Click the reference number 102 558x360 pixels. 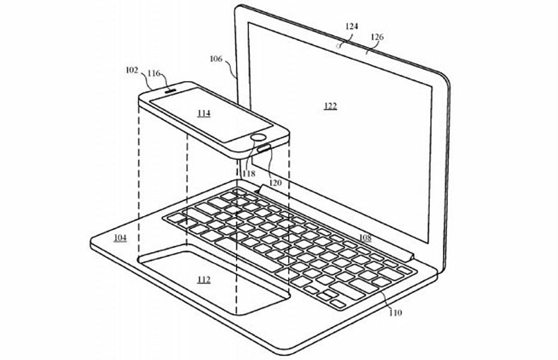point(132,69)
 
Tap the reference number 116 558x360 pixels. point(154,73)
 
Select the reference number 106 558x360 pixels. point(216,59)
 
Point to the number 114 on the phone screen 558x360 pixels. point(204,112)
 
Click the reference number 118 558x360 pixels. point(248,173)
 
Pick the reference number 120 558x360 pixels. point(275,182)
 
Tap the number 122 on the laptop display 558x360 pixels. point(329,106)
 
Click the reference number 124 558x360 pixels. point(352,26)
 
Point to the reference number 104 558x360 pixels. point(120,238)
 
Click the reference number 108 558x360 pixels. point(365,238)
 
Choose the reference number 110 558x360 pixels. point(395,312)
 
